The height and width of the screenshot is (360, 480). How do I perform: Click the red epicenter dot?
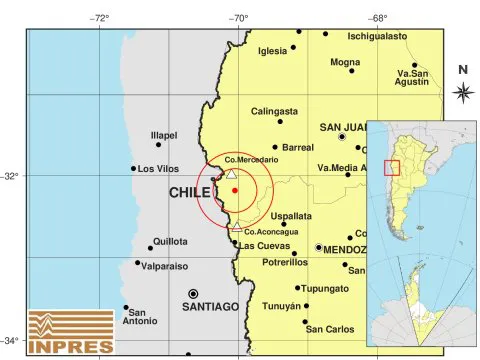point(234,190)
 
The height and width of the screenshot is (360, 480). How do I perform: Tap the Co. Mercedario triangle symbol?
point(232,174)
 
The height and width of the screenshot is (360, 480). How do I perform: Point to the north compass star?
point(463,92)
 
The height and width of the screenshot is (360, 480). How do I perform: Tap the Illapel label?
point(164,135)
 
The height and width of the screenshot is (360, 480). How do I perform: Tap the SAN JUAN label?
point(344,128)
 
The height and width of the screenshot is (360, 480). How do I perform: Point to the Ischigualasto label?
point(377,36)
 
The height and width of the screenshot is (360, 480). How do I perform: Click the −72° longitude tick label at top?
point(100,17)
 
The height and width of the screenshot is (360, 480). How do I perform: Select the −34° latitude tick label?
point(12,341)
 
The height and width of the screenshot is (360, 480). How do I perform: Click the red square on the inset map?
point(392,168)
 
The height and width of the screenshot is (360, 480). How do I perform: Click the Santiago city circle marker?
point(193,294)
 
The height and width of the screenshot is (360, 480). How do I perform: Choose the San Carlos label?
point(330,328)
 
